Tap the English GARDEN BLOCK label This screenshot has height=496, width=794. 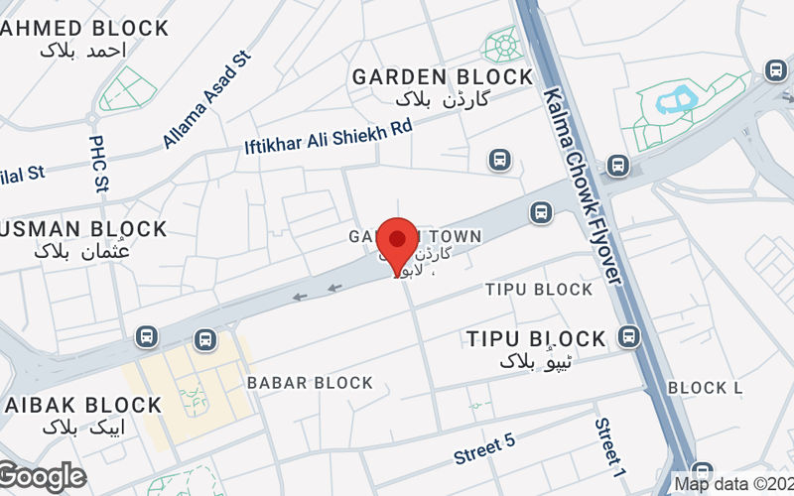443,76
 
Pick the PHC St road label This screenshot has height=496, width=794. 98,164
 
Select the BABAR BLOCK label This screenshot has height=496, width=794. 310,383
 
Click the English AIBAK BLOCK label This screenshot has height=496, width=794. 83,405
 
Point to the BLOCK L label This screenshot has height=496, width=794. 705,388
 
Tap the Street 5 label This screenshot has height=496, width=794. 484,448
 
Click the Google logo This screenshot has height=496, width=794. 42,477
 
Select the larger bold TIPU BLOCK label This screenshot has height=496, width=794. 536,338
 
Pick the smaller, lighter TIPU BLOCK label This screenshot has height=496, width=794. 539,290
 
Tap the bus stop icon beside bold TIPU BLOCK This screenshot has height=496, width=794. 627,337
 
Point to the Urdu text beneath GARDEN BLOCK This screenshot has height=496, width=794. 442,99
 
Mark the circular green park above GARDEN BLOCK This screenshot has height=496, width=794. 501,45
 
